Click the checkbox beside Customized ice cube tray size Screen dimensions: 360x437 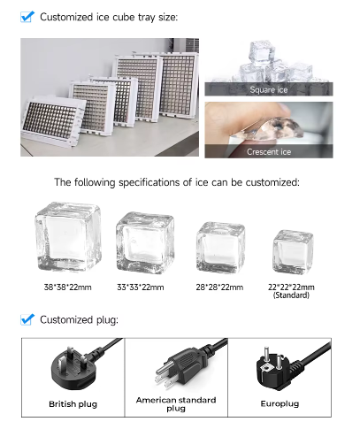(x=27, y=17)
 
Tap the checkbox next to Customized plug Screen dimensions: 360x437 (x=27, y=319)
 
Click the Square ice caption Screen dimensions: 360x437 (x=269, y=89)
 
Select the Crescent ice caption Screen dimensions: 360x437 (x=269, y=152)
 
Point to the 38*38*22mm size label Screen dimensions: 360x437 (x=67, y=287)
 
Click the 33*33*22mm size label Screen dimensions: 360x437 (x=141, y=287)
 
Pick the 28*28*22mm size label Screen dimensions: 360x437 (x=219, y=287)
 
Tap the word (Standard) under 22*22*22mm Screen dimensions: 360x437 (x=291, y=295)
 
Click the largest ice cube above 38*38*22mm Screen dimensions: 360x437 (x=68, y=236)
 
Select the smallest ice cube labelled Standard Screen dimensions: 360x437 (x=293, y=251)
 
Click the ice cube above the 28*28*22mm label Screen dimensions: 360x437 (x=220, y=248)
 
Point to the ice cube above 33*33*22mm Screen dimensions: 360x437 (x=145, y=242)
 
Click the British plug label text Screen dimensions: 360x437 (x=73, y=403)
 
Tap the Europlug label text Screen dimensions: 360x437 (x=280, y=403)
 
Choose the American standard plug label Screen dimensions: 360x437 (x=176, y=404)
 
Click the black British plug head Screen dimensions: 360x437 (x=73, y=368)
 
